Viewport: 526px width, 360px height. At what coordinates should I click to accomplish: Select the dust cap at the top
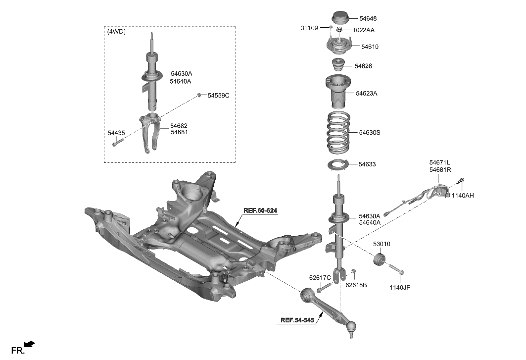[339, 17]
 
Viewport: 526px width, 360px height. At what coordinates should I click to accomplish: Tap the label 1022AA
[363, 30]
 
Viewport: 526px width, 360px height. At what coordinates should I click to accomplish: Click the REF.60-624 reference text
[260, 210]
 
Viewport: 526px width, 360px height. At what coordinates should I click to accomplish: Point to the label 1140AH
[462, 196]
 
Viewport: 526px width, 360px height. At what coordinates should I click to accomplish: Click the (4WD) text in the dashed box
[116, 32]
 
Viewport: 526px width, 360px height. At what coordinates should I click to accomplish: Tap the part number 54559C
[218, 95]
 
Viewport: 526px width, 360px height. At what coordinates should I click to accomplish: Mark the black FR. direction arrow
[29, 344]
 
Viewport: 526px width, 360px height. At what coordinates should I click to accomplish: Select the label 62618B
[356, 285]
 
